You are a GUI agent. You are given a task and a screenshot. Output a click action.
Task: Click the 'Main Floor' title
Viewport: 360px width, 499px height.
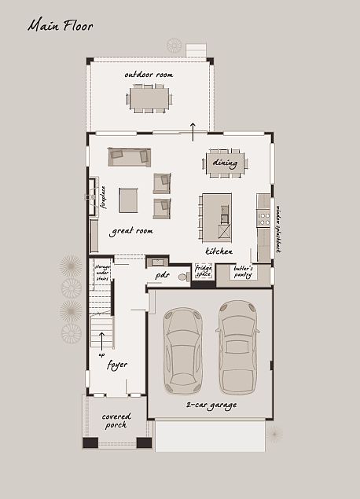pos(61,26)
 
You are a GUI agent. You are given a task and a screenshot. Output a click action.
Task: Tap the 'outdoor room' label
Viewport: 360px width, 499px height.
pos(149,75)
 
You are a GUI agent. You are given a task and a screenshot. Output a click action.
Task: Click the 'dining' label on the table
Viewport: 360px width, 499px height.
pos(225,163)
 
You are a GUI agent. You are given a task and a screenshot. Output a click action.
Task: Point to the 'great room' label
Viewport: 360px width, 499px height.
pos(131,231)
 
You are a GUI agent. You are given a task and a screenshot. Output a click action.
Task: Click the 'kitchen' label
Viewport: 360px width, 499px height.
pos(219,251)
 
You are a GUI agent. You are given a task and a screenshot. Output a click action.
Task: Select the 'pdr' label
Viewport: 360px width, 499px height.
pos(163,276)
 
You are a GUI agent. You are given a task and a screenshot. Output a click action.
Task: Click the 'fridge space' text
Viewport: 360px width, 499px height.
pos(204,272)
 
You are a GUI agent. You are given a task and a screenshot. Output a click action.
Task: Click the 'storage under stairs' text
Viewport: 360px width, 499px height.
pos(102,272)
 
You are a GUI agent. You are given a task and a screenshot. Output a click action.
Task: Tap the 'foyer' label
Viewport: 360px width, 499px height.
pos(117,365)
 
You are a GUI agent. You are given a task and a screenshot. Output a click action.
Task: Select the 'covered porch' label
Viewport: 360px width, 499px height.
pos(116,420)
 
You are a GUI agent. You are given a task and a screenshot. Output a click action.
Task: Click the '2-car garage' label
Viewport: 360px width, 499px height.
pos(211,405)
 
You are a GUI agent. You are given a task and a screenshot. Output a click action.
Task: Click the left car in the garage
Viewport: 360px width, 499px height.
pos(182,350)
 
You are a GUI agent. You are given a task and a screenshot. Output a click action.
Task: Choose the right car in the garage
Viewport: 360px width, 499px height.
pos(238,347)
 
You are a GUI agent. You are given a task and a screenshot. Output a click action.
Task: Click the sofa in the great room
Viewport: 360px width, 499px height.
pos(130,156)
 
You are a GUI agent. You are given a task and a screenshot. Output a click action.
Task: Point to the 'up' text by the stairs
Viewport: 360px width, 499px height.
pos(101,354)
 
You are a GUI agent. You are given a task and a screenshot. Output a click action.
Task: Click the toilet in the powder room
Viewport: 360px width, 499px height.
pos(183,277)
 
